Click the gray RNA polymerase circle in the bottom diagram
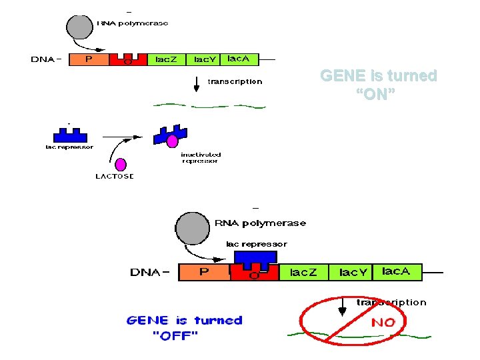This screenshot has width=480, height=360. [192, 230]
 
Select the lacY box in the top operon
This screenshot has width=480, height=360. [204, 59]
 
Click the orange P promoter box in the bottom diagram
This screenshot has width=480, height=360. [204, 272]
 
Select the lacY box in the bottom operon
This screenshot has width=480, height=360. [353, 272]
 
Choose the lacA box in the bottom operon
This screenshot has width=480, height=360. [401, 271]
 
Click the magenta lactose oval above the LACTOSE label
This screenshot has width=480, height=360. [121, 165]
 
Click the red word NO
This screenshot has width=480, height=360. [383, 323]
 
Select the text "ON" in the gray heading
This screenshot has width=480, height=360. [377, 94]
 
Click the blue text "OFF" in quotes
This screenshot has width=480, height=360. [175, 335]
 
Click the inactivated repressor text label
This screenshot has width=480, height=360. [200, 158]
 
